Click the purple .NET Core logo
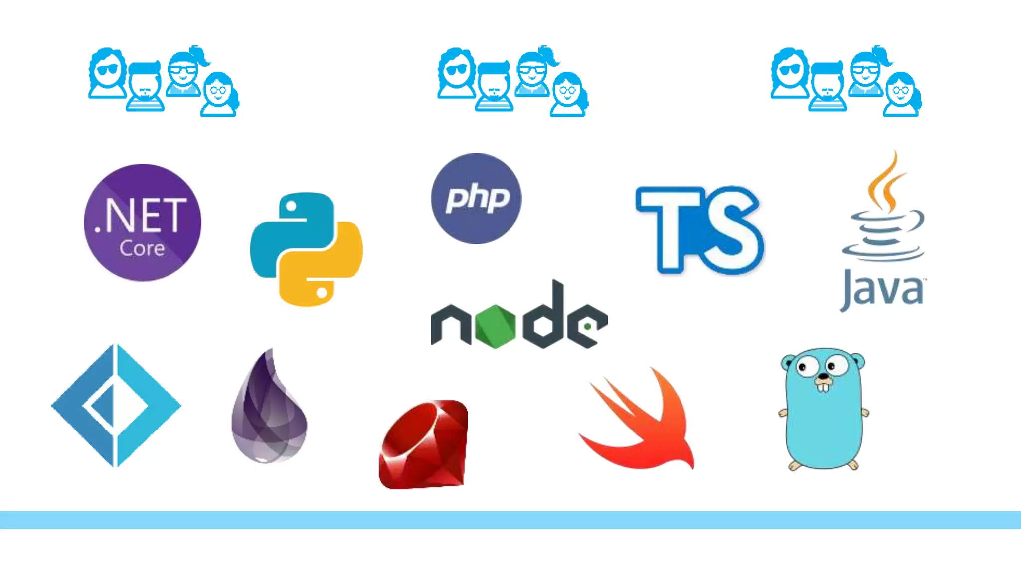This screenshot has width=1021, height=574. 143,222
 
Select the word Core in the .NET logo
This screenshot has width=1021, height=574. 142,248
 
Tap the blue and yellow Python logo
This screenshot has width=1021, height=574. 306,249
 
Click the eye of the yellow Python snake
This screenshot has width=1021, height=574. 322,292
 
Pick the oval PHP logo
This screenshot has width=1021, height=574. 476,198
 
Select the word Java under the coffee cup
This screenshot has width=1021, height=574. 883,290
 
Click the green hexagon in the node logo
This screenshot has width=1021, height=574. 495,326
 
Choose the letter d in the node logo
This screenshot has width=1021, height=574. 547,319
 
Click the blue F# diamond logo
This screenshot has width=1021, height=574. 116,405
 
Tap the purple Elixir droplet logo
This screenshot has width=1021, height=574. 269,409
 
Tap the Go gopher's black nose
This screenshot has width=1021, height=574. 822,377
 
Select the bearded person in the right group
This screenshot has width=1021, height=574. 827,87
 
